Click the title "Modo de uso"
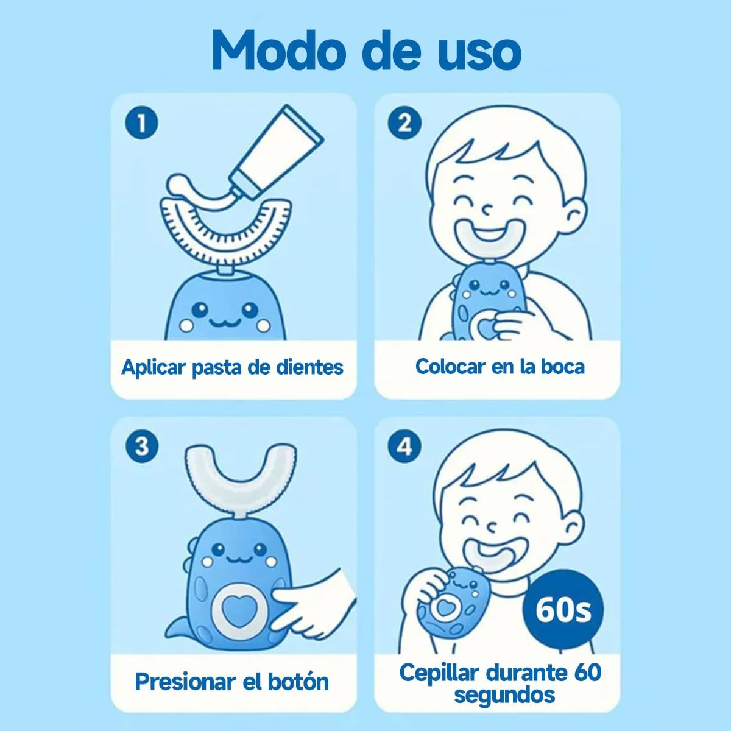coord(365,50)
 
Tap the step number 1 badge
coord(141,124)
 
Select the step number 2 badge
coord(404,124)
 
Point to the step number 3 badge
coord(141,447)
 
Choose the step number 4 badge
coord(404,447)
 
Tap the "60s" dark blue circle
coord(562,610)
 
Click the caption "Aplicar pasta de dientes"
coord(233,367)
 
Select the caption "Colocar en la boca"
coord(500,366)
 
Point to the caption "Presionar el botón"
coord(231,681)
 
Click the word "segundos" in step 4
coord(504,694)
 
